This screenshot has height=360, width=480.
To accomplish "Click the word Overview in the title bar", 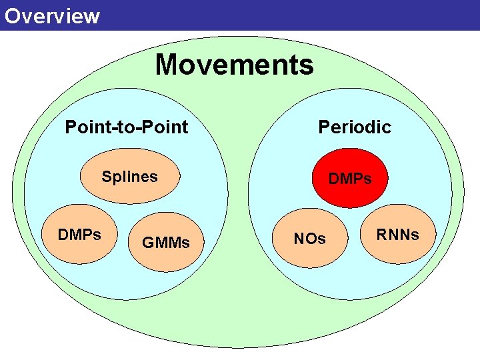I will click(51, 15).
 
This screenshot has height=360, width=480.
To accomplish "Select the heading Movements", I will click(234, 65).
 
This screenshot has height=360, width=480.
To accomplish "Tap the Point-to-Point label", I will click(126, 127).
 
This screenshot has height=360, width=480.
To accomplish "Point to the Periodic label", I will click(354, 127).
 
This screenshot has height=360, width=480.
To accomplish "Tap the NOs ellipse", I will click(310, 239).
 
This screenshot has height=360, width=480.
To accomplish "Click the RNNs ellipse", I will click(397, 234).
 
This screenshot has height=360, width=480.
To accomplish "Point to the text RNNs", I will click(397, 235).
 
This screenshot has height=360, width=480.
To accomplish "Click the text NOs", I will click(310, 239).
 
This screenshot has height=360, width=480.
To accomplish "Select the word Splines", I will click(129, 177).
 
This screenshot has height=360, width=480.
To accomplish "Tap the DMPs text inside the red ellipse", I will click(350, 179).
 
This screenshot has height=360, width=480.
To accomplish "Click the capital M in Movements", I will click(167, 65).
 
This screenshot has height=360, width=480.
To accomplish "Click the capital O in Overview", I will click(11, 15).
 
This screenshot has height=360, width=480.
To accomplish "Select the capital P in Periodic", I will click(324, 127).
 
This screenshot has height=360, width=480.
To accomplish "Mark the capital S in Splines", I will click(106, 177).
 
